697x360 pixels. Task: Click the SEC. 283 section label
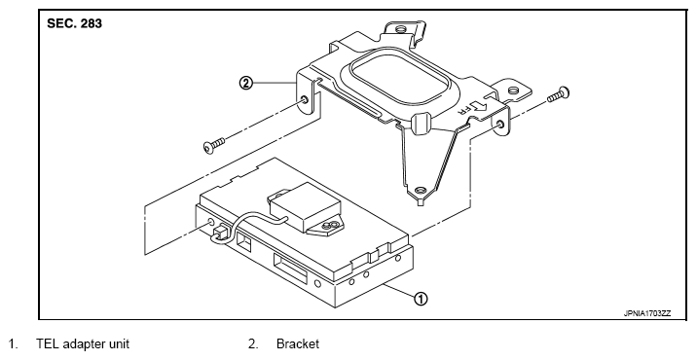(x=74, y=23)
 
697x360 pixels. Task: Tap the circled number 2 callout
(x=246, y=83)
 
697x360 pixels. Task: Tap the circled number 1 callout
(x=421, y=299)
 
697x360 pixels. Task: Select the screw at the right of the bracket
(x=559, y=94)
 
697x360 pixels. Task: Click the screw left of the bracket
(x=214, y=145)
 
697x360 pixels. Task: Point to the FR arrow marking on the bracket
(x=474, y=108)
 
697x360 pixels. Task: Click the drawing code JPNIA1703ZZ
(x=647, y=313)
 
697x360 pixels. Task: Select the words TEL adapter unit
(x=83, y=344)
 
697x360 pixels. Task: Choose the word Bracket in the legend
(x=298, y=344)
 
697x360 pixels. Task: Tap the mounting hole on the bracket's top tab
(x=400, y=30)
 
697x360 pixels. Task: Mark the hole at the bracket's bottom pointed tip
(x=421, y=191)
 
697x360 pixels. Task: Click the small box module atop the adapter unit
(x=305, y=206)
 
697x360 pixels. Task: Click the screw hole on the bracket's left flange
(x=305, y=99)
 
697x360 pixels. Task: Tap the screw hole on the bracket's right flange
(x=501, y=125)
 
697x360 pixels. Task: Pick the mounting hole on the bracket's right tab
(x=512, y=91)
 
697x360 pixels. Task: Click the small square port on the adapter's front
(x=244, y=240)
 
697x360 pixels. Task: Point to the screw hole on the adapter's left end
(x=210, y=222)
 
